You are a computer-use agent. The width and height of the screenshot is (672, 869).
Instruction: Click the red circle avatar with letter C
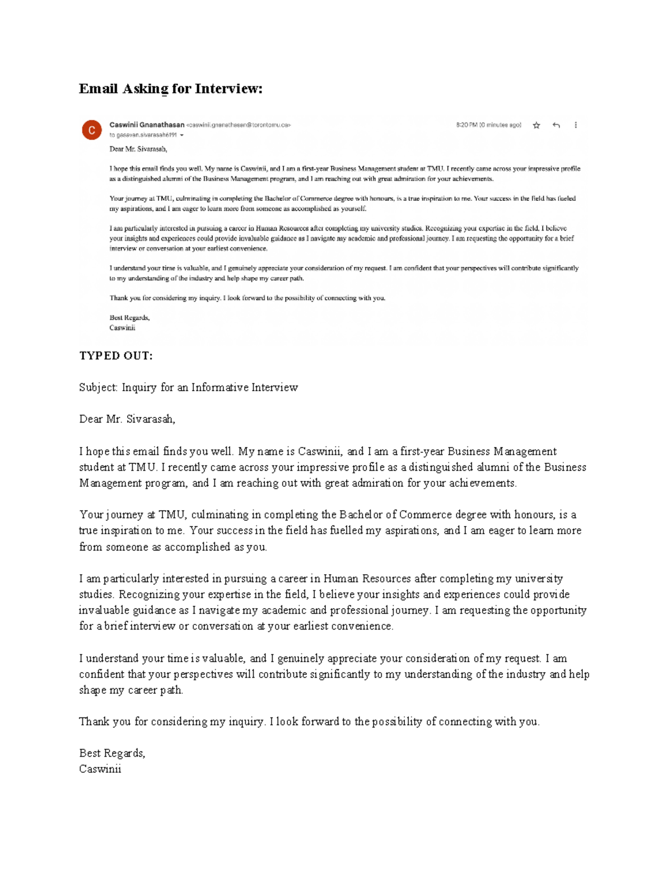[x=92, y=130]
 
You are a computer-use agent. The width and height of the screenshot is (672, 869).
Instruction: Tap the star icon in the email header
[x=536, y=125]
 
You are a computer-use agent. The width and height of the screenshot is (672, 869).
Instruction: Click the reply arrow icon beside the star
[x=556, y=125]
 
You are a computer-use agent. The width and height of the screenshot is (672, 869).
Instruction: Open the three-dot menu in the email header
[x=576, y=125]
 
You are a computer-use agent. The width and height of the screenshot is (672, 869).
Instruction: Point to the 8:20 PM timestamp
[x=466, y=125]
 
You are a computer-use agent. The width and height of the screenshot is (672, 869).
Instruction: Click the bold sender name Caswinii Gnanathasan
[x=147, y=125]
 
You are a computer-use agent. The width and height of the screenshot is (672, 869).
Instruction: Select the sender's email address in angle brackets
[x=238, y=125]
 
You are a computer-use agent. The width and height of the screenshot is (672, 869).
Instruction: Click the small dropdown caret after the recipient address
[x=181, y=135]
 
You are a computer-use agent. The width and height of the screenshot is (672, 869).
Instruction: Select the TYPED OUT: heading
[x=116, y=356]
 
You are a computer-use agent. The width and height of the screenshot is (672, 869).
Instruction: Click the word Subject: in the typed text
[x=99, y=387]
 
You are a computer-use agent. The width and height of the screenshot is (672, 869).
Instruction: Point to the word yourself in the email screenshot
[x=353, y=209]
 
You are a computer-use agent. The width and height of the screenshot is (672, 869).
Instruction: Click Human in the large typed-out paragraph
[x=341, y=579]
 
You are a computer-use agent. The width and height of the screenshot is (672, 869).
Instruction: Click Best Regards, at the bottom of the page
[x=112, y=753]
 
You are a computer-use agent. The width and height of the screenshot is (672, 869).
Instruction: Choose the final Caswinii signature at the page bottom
[x=100, y=769]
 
